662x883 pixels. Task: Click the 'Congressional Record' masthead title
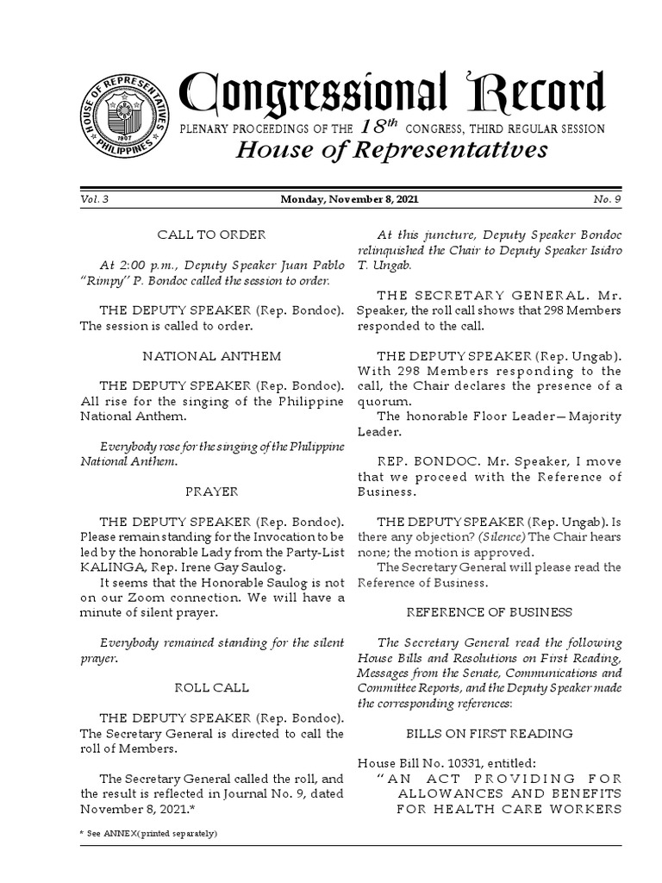pyautogui.click(x=391, y=94)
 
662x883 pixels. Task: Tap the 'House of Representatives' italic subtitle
pyautogui.click(x=391, y=150)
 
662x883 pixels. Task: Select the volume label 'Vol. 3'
pyautogui.click(x=94, y=200)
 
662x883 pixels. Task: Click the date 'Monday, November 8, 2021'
pyautogui.click(x=349, y=200)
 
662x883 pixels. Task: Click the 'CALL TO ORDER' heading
pyautogui.click(x=211, y=235)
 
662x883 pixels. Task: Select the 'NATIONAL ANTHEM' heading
pyautogui.click(x=211, y=355)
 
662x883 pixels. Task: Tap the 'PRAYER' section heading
pyautogui.click(x=211, y=492)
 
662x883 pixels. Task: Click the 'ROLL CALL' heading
pyautogui.click(x=211, y=688)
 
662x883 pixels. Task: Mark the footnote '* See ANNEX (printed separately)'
pyautogui.click(x=148, y=834)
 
